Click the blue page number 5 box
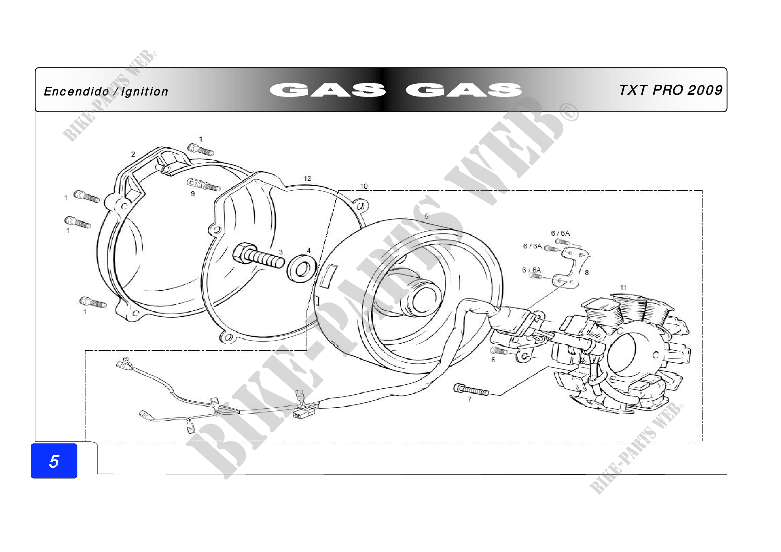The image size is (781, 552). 54,461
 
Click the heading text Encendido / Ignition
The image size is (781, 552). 106,91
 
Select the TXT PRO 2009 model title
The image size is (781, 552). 670,90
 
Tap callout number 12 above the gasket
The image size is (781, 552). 307,178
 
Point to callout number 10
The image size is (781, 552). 364,186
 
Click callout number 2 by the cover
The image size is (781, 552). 133,154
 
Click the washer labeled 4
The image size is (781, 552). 302,268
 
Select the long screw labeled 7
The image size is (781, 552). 471,390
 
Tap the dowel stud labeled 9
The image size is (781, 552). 203,185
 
